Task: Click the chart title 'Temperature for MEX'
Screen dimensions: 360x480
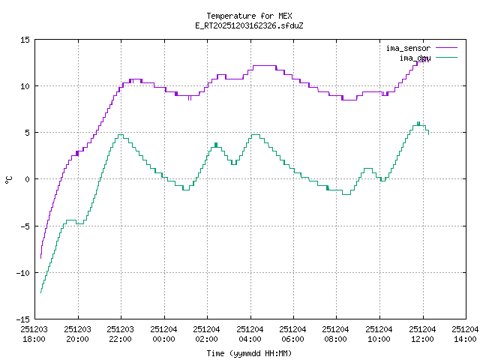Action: coord(249,16)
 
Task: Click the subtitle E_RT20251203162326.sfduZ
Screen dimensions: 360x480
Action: coord(249,25)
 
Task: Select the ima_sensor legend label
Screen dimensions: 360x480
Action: coord(407,48)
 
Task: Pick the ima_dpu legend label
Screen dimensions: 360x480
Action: coord(414,57)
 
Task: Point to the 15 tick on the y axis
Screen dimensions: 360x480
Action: coord(25,40)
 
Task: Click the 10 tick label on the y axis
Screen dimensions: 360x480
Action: coord(25,86)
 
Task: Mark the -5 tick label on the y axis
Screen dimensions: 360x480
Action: coord(25,226)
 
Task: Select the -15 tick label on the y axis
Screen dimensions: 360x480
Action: coord(23,319)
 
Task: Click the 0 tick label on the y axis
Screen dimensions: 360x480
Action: coord(28,179)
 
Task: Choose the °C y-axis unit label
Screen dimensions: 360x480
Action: coord(9,179)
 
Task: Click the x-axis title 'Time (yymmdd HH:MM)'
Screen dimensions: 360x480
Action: coord(249,352)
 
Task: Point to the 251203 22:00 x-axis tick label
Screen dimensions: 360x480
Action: coord(120,334)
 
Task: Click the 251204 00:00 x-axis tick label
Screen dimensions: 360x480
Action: coord(163,334)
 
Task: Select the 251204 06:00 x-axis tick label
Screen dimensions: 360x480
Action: coord(293,334)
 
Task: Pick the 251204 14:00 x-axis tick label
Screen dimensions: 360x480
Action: coord(465,334)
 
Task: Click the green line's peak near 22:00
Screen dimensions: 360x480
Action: coord(120,135)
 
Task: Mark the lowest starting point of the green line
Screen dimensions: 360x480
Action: coord(40,292)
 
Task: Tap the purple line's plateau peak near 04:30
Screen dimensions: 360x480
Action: coord(265,66)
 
